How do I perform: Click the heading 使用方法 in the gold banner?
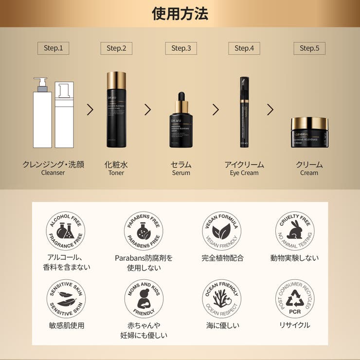point(180,14)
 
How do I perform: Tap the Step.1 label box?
point(54,48)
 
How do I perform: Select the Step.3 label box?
point(181,48)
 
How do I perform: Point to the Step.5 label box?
point(309,48)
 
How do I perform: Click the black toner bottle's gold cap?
point(116,80)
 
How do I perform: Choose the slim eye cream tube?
point(244,112)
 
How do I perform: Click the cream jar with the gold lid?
point(309,131)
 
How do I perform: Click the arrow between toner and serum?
point(148,109)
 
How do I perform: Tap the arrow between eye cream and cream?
point(270,109)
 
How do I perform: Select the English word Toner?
point(116,173)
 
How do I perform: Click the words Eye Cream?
point(244,173)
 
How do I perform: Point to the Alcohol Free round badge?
point(66,231)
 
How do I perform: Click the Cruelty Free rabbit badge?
point(295,231)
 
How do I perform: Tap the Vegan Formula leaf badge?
point(221,231)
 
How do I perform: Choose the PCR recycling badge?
point(295,299)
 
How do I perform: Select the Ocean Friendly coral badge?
point(221,299)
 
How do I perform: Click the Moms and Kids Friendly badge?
point(144,299)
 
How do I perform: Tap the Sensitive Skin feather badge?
point(66,299)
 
